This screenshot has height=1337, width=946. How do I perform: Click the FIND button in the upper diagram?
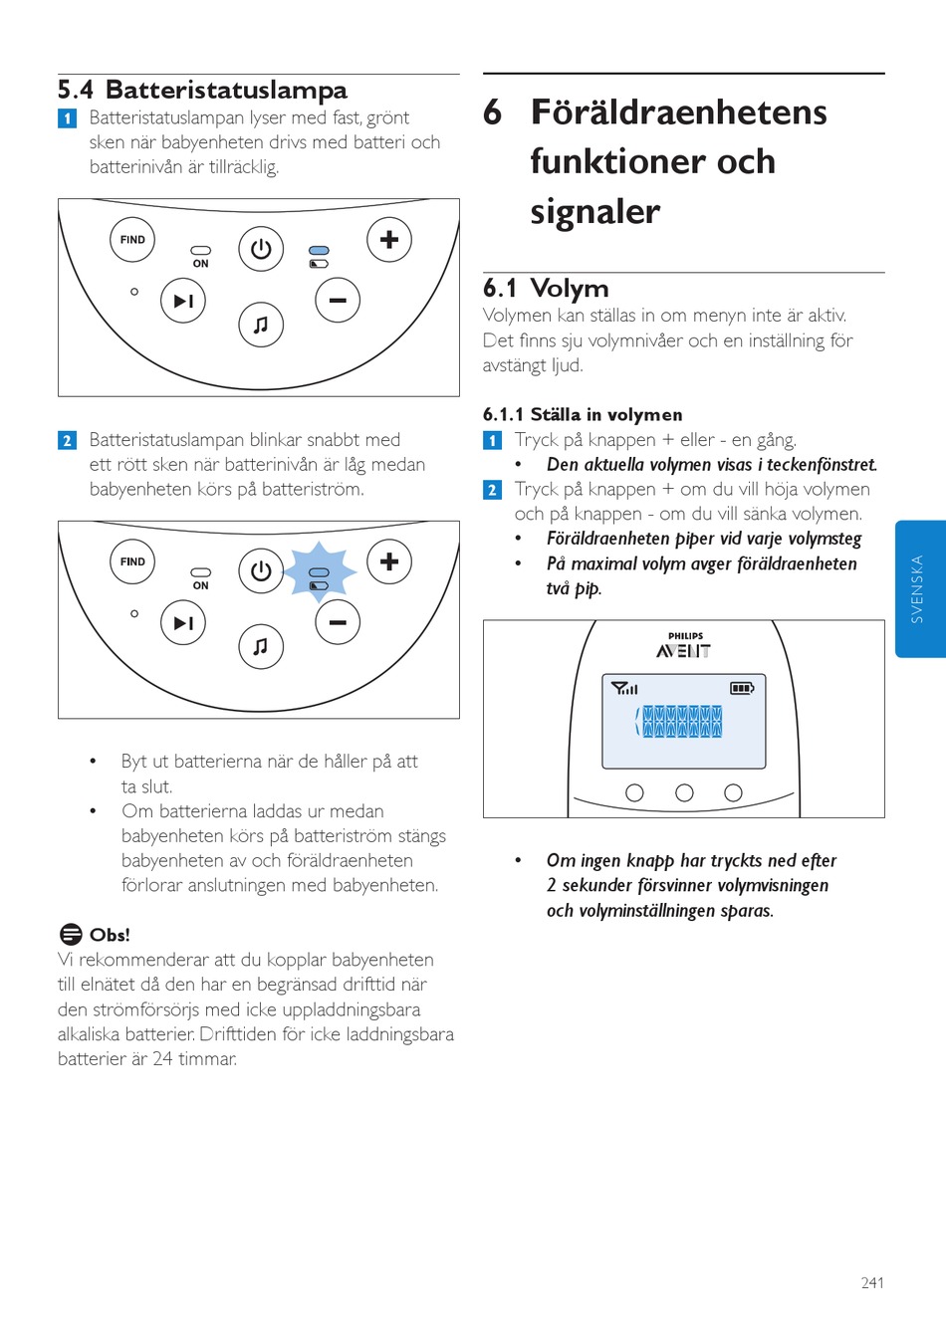132,240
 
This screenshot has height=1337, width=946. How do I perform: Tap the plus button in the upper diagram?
389,240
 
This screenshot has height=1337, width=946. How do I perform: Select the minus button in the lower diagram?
338,622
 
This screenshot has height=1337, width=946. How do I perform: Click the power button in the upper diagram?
261,249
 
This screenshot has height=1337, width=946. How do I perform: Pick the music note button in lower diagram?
261,647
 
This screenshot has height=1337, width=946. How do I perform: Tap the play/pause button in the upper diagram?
183,301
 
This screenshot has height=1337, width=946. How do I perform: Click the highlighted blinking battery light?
319,572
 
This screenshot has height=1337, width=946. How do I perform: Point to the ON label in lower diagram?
201,586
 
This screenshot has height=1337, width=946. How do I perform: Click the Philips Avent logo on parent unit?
684,646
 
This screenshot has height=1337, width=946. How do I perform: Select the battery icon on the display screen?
742,688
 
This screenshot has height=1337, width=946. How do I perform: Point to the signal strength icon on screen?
624,688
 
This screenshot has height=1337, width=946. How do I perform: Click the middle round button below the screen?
684,792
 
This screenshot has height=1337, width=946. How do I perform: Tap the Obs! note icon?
71,934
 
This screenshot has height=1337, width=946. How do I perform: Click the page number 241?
872,1283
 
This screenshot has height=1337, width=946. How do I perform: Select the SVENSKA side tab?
918,589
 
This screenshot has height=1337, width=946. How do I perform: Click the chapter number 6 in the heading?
492,112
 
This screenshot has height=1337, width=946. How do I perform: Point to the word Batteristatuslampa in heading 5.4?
226,91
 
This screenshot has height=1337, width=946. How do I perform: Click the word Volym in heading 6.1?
569,289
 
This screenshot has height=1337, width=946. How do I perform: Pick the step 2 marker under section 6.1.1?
492,490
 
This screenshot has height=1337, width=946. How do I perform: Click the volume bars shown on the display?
681,721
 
